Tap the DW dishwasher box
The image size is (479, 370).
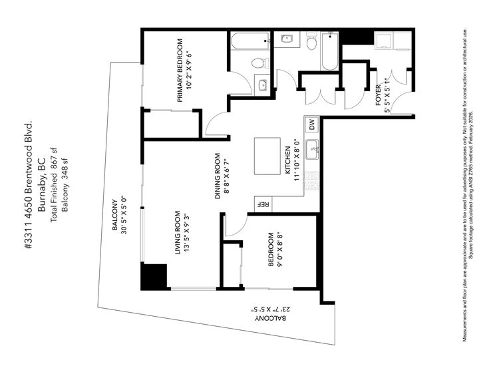pos(311,124)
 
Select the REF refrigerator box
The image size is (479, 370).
pos(262,204)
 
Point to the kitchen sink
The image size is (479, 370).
pos(311,147)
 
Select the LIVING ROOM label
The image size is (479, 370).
pos(178,232)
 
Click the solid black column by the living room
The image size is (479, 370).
pos(154,276)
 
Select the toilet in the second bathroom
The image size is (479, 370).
pos(311,43)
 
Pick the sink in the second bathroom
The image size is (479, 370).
pos(287,39)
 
